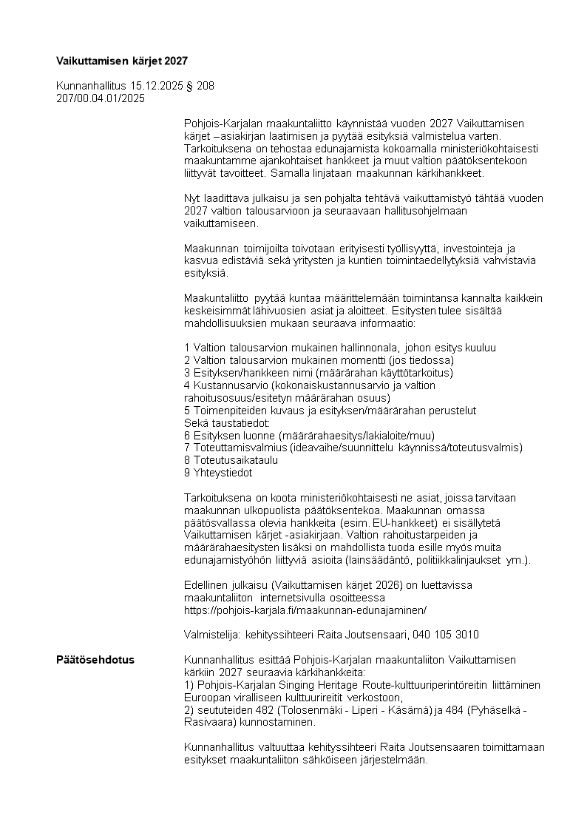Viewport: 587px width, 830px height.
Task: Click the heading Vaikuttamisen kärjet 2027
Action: pyautogui.click(x=117, y=59)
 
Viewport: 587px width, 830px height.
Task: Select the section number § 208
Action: pyautogui.click(x=200, y=86)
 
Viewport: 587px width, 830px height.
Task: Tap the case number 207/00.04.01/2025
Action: pyautogui.click(x=101, y=98)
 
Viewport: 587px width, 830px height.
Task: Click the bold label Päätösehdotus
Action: pyautogui.click(x=95, y=659)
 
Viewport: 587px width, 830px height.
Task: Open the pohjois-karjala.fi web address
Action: pyautogui.click(x=305, y=610)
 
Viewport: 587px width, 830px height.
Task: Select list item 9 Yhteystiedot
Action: pyautogui.click(x=218, y=472)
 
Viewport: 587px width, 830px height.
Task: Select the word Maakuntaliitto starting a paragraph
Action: pyautogui.click(x=215, y=298)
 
